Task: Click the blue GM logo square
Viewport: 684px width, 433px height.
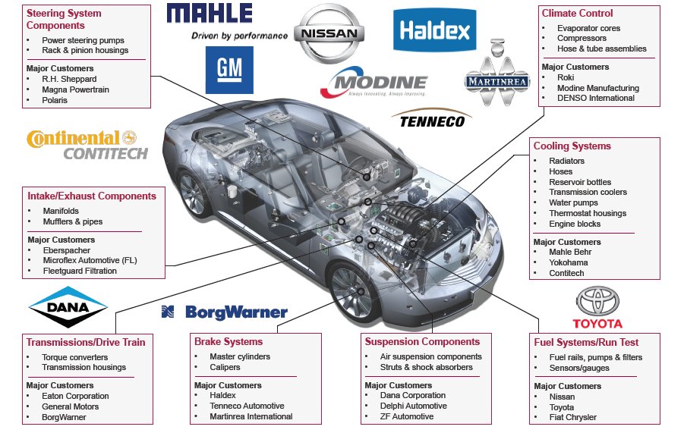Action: pos(229,71)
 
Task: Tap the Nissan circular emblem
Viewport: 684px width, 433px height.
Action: pos(329,34)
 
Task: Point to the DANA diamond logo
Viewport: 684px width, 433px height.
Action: pos(68,306)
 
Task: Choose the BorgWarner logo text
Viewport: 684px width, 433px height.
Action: pos(225,312)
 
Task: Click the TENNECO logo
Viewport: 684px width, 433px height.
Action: pos(430,119)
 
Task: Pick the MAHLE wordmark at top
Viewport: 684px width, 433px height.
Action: pos(210,14)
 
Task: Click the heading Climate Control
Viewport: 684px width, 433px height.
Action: pos(577,13)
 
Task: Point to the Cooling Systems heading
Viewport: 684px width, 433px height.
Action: pos(572,146)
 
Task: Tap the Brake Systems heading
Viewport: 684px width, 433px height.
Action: pos(229,341)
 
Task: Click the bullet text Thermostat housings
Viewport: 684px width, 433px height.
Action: pos(588,213)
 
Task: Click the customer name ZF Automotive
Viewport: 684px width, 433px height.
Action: pos(407,416)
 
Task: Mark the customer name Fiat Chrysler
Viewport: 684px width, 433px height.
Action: pos(572,417)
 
